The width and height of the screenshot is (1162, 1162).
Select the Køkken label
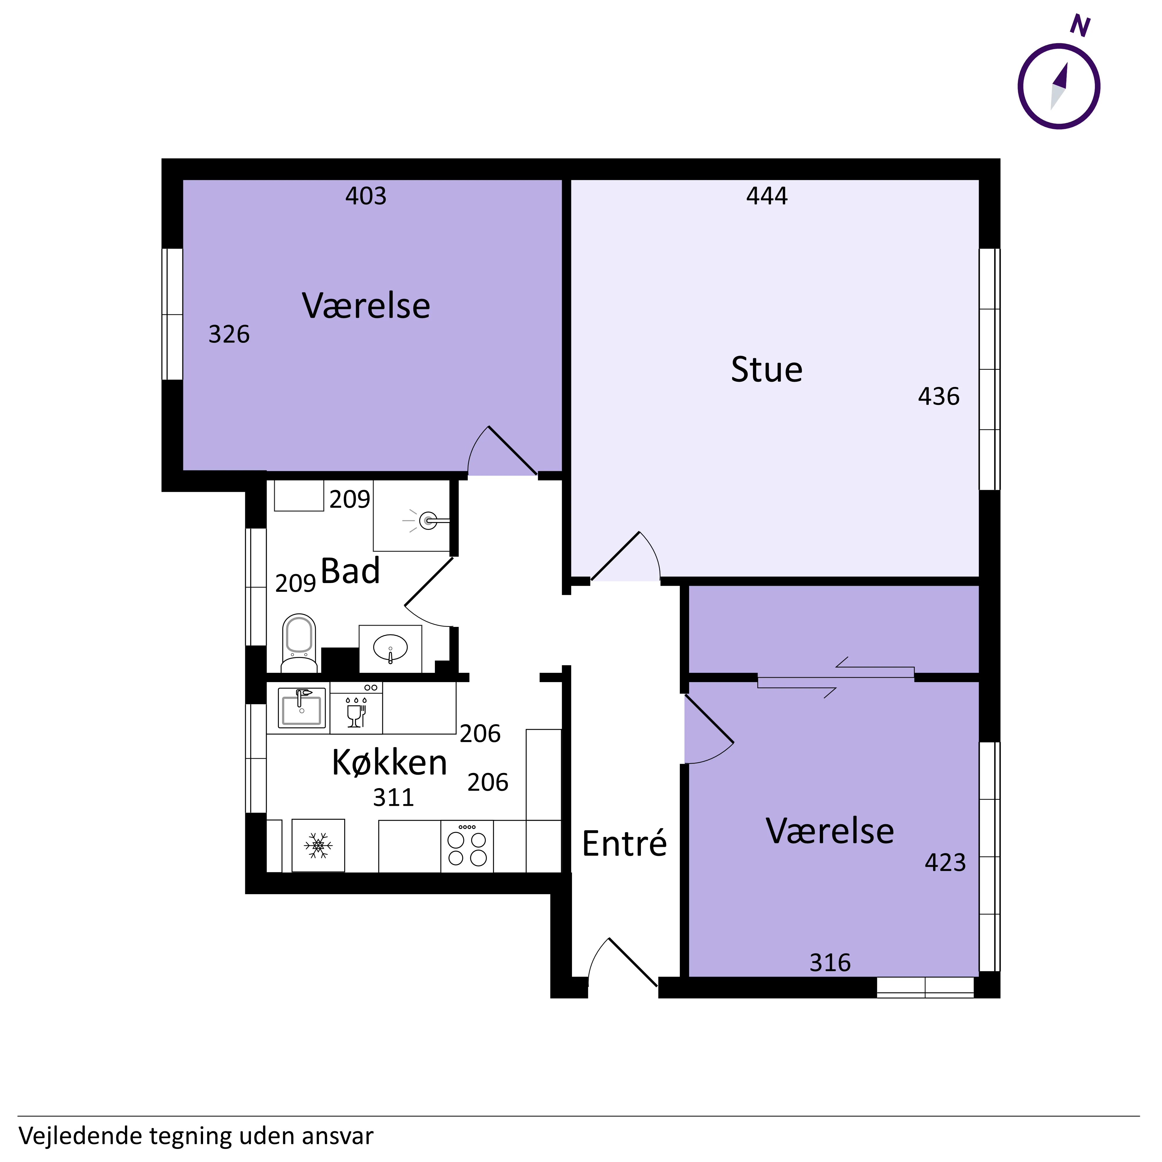[x=390, y=763]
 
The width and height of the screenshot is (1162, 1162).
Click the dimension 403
[x=366, y=196]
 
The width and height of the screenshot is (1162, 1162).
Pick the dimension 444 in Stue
[x=767, y=196]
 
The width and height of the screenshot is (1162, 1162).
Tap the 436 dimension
[x=939, y=396]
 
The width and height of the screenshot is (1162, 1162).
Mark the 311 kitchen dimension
[x=393, y=797]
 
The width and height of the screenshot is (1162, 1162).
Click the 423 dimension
[x=946, y=862]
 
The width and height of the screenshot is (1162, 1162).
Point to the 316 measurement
[x=830, y=963]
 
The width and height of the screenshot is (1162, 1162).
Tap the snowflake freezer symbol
[x=318, y=846]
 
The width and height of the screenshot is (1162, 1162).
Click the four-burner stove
[x=467, y=846]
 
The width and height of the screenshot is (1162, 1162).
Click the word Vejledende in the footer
[x=80, y=1136]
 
